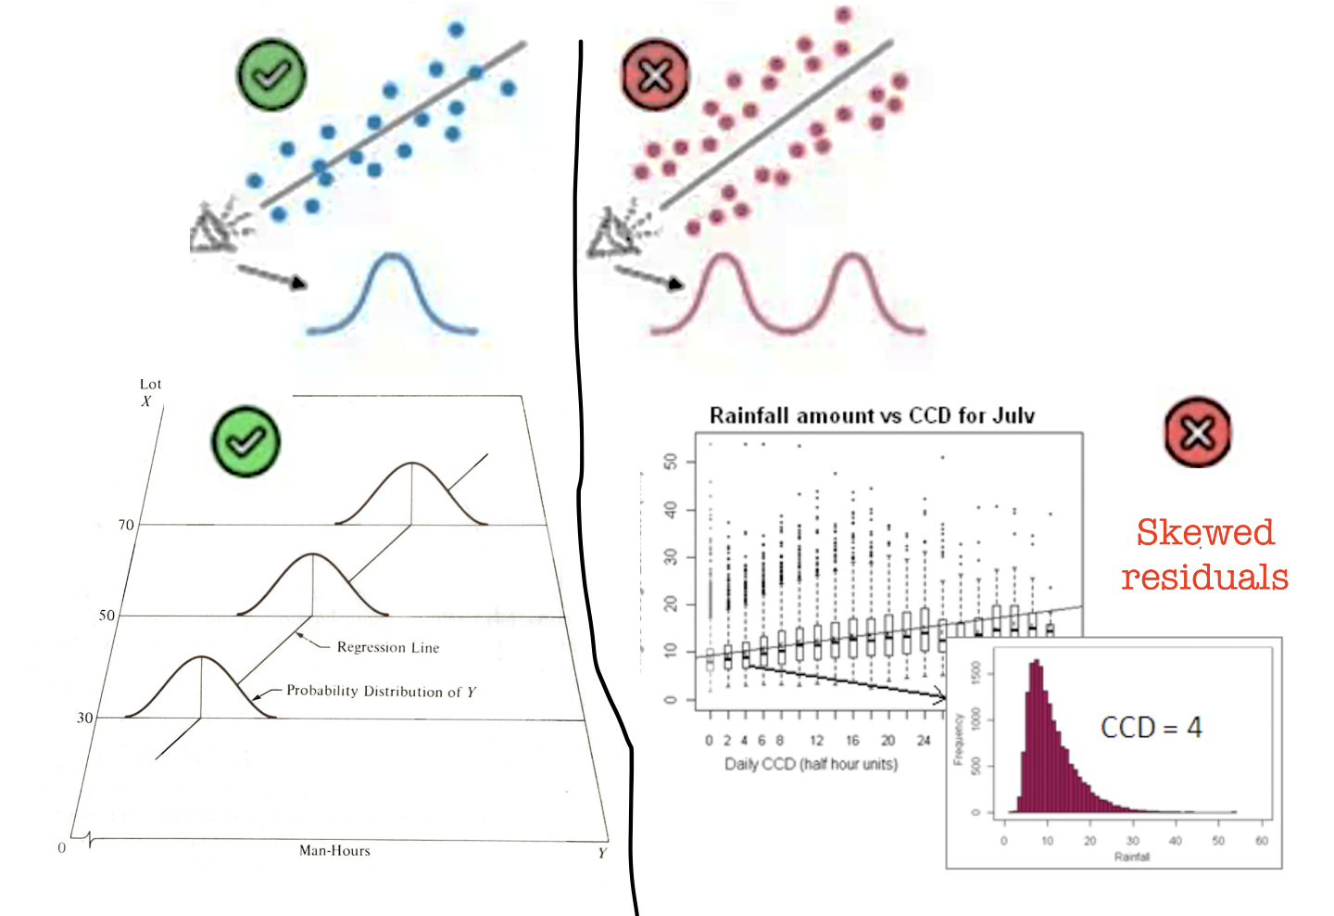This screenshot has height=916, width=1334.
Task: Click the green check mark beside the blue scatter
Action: (271, 75)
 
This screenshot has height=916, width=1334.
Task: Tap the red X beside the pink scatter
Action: (655, 75)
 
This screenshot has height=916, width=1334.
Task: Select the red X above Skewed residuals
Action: (1197, 432)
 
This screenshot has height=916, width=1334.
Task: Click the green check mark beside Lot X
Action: (245, 441)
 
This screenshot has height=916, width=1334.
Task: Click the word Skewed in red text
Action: (1205, 532)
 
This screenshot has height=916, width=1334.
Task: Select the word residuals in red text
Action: (1204, 577)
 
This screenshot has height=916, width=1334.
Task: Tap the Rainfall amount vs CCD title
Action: (872, 415)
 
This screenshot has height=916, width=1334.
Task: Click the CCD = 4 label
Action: (1151, 728)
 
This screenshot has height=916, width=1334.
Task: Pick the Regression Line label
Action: (388, 647)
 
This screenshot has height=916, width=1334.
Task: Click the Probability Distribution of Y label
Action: (381, 692)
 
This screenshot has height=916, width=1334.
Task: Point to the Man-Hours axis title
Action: (334, 850)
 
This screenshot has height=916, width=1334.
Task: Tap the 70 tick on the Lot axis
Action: (126, 525)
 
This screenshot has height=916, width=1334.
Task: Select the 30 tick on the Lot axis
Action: (85, 718)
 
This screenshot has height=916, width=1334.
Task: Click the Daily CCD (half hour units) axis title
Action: (811, 764)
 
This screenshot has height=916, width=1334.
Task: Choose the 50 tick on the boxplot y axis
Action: (671, 462)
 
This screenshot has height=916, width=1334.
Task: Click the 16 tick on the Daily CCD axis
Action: (852, 740)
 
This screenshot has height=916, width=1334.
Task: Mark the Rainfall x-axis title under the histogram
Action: (1131, 857)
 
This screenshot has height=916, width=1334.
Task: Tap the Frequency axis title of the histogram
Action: (959, 739)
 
